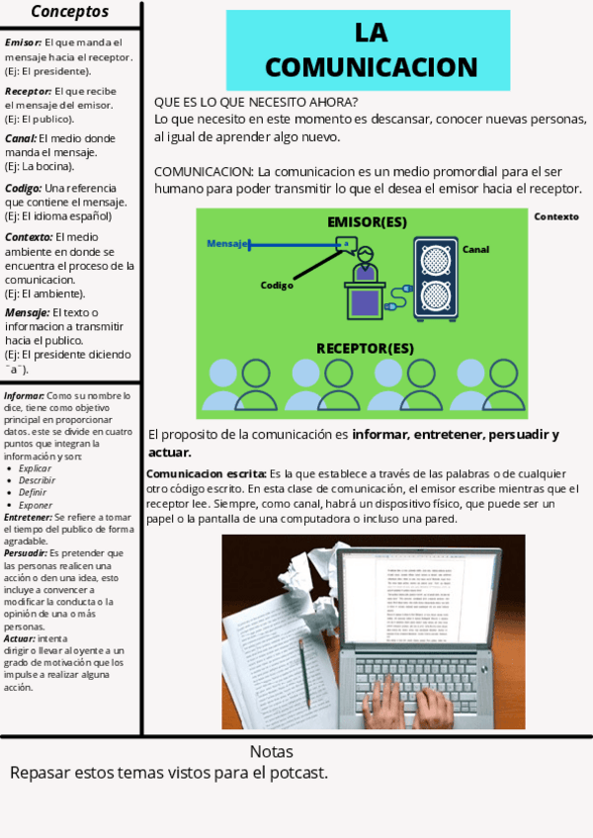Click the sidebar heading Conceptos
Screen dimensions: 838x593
(x=70, y=12)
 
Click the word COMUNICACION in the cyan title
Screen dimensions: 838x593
(x=371, y=67)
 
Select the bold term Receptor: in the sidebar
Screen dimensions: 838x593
(x=28, y=91)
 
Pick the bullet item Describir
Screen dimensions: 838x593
(x=38, y=479)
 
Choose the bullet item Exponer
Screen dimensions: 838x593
(x=36, y=504)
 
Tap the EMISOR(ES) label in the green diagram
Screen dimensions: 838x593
(x=367, y=222)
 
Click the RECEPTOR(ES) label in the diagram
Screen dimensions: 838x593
(x=365, y=348)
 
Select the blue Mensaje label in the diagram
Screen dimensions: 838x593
(x=226, y=243)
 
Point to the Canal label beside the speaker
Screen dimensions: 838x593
(x=475, y=250)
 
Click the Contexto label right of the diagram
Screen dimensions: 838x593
(x=555, y=216)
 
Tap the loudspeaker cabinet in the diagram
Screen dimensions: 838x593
(x=435, y=278)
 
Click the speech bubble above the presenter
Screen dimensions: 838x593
(x=346, y=242)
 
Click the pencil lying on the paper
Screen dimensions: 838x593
(x=303, y=673)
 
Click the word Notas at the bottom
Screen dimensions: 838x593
(x=271, y=751)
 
